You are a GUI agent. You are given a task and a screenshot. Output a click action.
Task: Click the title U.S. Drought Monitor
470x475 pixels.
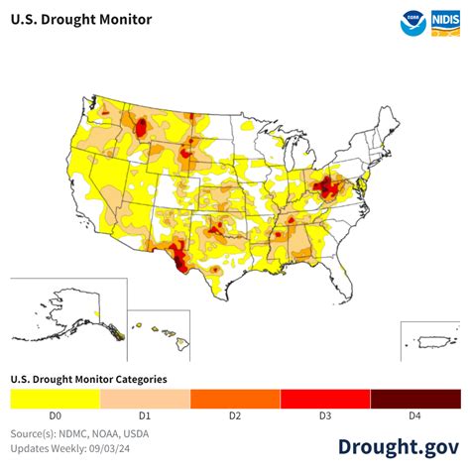pyautogui.click(x=80, y=20)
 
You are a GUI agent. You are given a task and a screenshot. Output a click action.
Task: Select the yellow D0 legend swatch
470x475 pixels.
pyautogui.click(x=55, y=399)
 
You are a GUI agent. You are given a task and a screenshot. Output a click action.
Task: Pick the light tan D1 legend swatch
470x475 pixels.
pyautogui.click(x=145, y=399)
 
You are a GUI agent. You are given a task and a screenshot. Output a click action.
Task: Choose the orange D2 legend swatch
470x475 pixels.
pyautogui.click(x=235, y=399)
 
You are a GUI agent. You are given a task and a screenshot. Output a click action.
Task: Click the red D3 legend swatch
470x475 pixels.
pyautogui.click(x=325, y=399)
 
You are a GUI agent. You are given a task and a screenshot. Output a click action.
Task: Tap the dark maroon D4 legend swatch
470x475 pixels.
pyautogui.click(x=415, y=399)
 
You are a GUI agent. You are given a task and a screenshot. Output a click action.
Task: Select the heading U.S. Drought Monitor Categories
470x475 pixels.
pyautogui.click(x=88, y=379)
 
